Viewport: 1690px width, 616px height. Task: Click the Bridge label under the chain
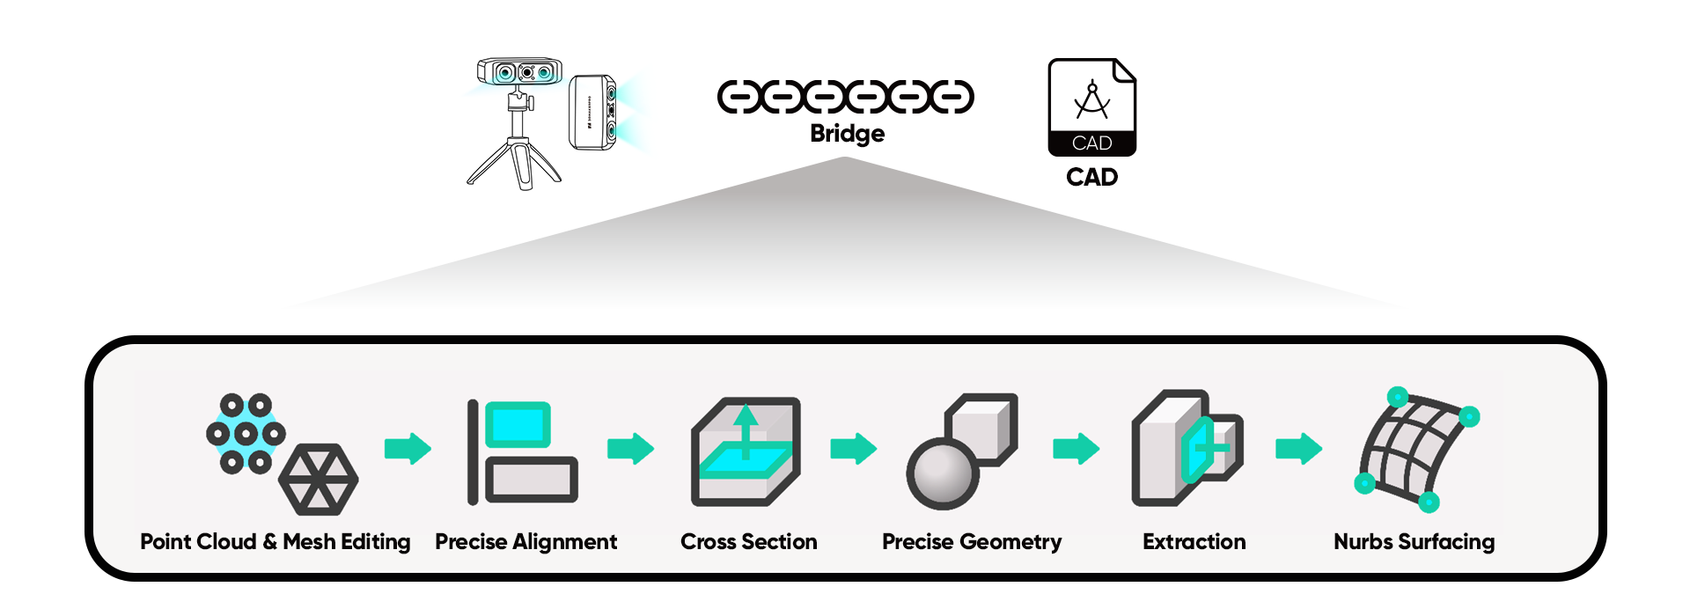click(847, 134)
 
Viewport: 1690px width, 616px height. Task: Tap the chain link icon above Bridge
click(845, 97)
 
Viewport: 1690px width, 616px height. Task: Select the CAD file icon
click(1091, 106)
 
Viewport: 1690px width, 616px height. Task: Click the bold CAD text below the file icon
click(1091, 177)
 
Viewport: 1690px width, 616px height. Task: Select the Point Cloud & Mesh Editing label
click(275, 542)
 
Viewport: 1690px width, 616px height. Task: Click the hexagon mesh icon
click(318, 480)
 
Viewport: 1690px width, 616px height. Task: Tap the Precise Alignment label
click(525, 542)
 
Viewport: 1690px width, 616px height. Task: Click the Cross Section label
click(748, 542)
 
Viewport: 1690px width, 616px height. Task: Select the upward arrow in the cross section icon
click(746, 428)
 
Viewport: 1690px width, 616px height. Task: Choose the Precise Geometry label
click(972, 542)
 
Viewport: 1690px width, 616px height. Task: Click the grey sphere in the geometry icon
click(943, 474)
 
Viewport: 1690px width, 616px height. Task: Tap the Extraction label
click(1194, 542)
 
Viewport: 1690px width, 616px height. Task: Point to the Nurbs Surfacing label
click(1414, 542)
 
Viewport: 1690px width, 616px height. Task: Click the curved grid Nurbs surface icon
click(1414, 449)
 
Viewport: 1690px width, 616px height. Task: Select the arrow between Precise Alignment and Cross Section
click(630, 449)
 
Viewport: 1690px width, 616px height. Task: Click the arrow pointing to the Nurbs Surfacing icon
click(1298, 449)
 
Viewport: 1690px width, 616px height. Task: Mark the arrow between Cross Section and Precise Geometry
click(853, 449)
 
